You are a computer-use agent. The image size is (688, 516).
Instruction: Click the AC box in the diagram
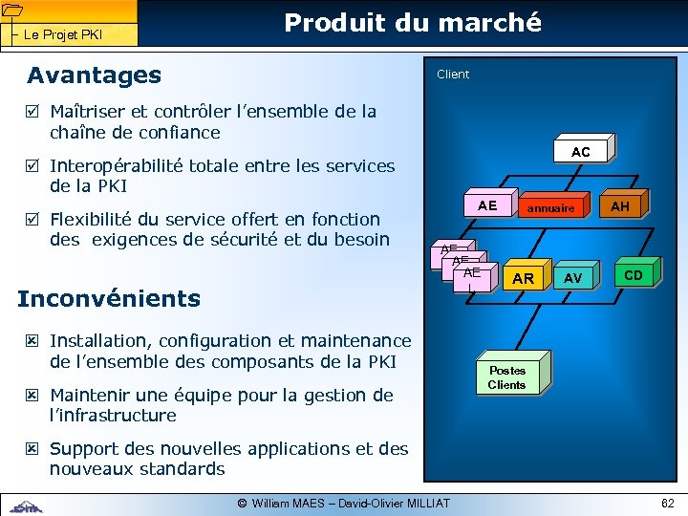coord(580,152)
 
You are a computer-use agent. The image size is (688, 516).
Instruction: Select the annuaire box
coord(550,207)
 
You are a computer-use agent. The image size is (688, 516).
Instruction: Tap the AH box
coord(620,206)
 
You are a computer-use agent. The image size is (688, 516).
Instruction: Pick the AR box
coord(523,278)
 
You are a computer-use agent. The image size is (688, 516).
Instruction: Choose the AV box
coord(572,278)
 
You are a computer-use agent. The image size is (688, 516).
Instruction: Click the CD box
coord(633,275)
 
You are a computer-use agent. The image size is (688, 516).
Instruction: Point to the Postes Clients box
coord(506,377)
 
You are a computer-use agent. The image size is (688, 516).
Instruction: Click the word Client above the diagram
coord(453,75)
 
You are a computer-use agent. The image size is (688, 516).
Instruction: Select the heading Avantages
coord(94,75)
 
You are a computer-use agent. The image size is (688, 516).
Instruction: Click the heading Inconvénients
coord(109,298)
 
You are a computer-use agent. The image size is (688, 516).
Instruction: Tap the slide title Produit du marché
coord(413,22)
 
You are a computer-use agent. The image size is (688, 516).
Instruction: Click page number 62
coord(666,504)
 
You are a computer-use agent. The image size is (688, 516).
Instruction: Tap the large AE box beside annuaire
coord(487,205)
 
